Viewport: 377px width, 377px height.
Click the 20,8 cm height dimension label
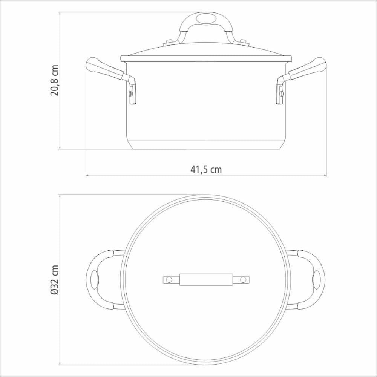(x=54, y=80)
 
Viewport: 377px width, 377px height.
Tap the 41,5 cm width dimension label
(x=206, y=170)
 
